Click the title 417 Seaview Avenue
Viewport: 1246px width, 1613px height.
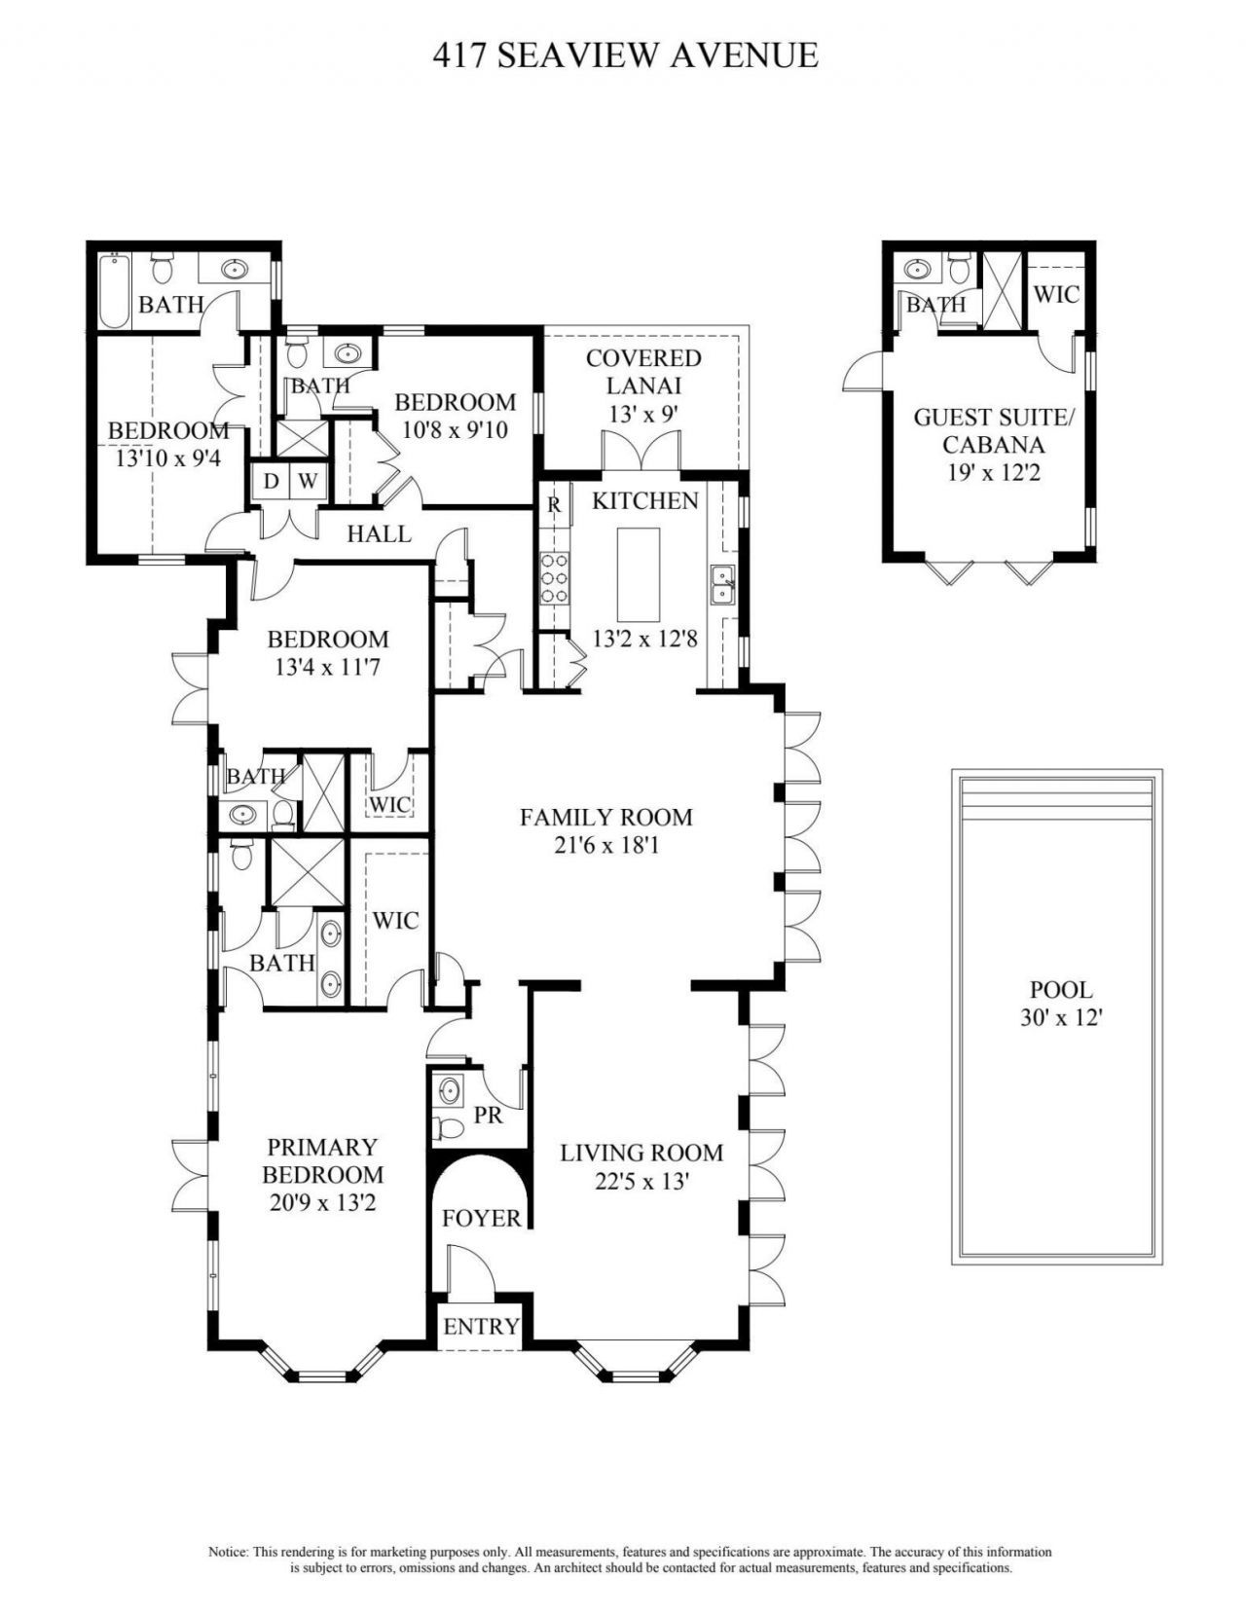[625, 55]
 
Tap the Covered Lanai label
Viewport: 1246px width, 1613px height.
[643, 372]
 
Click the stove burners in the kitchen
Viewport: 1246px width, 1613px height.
[554, 579]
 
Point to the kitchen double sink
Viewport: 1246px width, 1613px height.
[721, 585]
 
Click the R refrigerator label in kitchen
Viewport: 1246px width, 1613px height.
[554, 504]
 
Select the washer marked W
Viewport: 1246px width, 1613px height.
[307, 480]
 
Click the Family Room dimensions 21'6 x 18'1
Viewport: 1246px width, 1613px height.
[605, 845]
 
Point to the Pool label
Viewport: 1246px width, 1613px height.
[1061, 990]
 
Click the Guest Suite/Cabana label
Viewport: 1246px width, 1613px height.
[992, 431]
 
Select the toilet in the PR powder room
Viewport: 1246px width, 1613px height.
[450, 1127]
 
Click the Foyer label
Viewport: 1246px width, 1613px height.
[481, 1218]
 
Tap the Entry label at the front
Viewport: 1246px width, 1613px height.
[481, 1327]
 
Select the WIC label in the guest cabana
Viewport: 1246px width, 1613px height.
[1055, 293]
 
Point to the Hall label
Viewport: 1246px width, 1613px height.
[379, 533]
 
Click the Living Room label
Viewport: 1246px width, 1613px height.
[641, 1154]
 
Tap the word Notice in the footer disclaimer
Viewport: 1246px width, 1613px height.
[229, 1552]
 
